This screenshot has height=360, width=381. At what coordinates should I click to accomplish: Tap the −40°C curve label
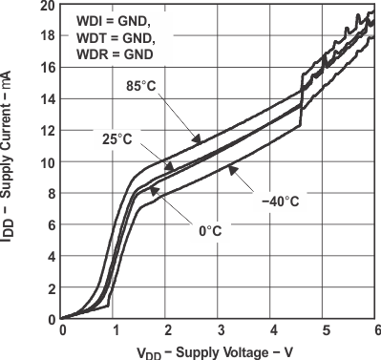point(281,201)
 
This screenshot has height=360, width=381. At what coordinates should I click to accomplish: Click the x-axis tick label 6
point(376,330)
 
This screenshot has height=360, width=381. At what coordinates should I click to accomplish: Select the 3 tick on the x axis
point(219,330)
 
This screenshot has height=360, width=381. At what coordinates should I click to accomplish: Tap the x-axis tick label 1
point(114,330)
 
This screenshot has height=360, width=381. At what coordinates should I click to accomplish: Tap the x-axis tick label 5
point(324,330)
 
